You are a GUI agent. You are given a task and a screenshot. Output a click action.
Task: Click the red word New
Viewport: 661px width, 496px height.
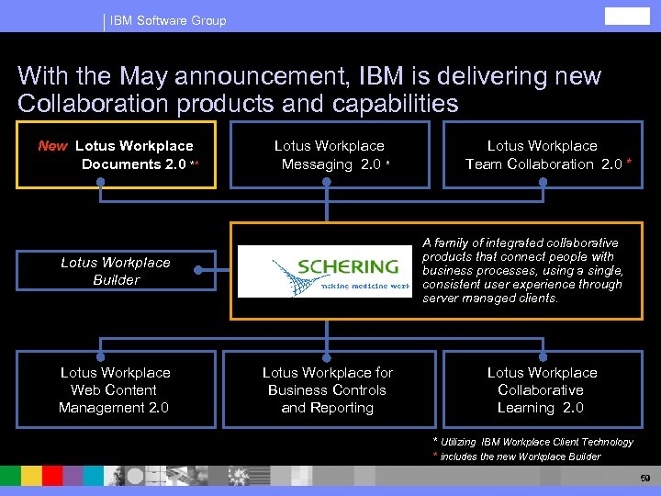(52, 146)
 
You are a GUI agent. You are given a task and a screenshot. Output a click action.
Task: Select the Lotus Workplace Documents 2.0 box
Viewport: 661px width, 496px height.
(115, 154)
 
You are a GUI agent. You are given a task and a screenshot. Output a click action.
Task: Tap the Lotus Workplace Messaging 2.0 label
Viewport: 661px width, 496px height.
(330, 154)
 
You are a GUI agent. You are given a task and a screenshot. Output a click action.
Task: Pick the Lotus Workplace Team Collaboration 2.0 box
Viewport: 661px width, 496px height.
(542, 154)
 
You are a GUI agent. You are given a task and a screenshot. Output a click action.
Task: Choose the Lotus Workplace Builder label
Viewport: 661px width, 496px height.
(116, 271)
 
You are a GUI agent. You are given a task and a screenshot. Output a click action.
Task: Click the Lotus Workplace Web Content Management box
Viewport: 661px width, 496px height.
(115, 389)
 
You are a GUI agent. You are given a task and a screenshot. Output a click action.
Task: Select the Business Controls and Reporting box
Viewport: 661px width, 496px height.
(328, 389)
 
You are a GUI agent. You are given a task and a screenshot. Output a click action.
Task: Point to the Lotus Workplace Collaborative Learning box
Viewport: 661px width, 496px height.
(542, 389)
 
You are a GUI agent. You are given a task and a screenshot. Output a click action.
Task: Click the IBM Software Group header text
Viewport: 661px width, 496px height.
(168, 20)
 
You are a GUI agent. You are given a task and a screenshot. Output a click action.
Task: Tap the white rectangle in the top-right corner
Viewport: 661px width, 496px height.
(627, 16)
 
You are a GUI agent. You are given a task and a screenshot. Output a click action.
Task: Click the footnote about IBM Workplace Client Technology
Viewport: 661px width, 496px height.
(536, 442)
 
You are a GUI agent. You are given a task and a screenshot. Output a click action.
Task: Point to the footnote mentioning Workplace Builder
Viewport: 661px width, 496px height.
(520, 457)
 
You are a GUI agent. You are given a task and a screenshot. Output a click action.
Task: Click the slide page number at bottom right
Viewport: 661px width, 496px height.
(645, 479)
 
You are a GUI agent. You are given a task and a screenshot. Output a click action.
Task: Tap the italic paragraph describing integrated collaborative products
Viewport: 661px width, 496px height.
(522, 270)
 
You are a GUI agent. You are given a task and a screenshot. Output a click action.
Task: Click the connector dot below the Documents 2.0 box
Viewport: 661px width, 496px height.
(101, 182)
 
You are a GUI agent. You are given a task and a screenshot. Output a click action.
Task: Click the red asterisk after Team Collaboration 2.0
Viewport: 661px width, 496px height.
(629, 163)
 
